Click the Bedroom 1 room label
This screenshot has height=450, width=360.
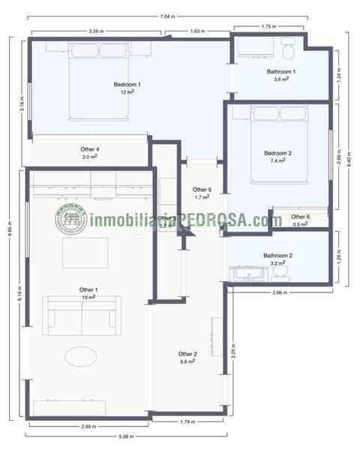pos(127,84)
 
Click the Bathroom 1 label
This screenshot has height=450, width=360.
pos(281,71)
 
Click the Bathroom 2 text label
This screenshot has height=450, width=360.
pos(277,256)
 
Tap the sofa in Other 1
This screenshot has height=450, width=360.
pos(82,315)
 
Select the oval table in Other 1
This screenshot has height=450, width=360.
pos(80,355)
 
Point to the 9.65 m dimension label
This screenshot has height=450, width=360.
pos(10,233)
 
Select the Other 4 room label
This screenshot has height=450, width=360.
pos(89,149)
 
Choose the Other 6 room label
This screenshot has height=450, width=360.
pos(301,217)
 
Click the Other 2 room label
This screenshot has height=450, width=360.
pos(187,353)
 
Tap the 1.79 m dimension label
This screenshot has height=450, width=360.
pos(188,421)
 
